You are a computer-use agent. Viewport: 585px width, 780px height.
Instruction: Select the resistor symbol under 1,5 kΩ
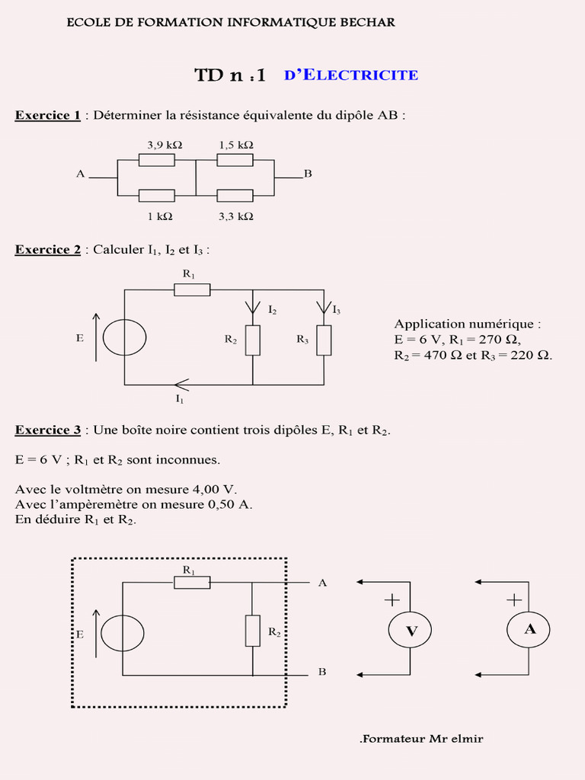pos(235,160)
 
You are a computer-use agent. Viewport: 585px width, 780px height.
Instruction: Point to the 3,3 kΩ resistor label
pos(235,216)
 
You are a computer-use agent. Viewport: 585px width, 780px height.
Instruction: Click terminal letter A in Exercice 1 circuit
pos(80,174)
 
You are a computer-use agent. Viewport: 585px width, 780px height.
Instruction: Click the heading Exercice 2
pos(47,250)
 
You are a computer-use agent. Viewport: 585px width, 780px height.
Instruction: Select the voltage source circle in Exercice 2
pos(124,337)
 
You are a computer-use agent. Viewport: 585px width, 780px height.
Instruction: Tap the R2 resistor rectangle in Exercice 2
pos(252,340)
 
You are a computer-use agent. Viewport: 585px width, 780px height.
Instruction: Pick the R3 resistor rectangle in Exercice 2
pos(324,340)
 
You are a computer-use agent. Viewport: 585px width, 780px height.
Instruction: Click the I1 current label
pos(180,398)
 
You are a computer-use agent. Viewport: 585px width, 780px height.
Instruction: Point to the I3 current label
pos(337,309)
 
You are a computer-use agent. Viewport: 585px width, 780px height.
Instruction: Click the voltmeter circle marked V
pos(411,630)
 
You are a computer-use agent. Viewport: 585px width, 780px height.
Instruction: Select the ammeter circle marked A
pos(528,629)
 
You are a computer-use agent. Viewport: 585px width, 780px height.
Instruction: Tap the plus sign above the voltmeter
pos(392,600)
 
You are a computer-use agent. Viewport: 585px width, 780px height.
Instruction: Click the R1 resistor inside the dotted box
pos(192,583)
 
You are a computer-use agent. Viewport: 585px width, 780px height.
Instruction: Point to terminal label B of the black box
pos(322,673)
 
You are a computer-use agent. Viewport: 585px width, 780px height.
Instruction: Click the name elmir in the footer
pos(466,738)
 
